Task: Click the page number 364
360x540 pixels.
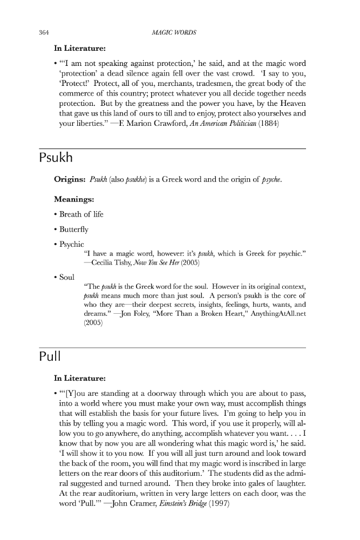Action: point(44,32)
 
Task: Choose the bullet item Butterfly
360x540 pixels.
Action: point(75,230)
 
